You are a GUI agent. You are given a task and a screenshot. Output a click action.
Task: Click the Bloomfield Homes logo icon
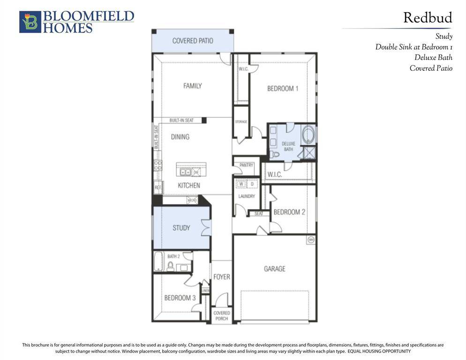point(30,22)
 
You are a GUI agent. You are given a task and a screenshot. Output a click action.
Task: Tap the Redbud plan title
point(428,18)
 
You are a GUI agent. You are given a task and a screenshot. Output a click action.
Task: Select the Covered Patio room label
point(192,41)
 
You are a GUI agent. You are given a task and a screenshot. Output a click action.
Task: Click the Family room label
point(192,86)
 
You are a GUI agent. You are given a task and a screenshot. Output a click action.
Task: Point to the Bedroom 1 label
point(283,88)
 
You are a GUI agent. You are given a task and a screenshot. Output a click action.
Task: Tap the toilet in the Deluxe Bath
point(276,154)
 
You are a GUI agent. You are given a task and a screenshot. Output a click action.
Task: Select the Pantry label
point(246,165)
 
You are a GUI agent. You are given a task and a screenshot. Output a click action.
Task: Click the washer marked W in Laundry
point(241,184)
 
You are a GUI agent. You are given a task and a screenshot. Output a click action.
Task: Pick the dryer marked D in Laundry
point(252,184)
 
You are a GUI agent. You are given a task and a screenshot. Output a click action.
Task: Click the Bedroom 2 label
point(289,212)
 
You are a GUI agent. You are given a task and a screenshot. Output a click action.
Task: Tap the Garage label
point(274,269)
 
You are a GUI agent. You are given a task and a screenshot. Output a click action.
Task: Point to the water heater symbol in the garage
point(310,240)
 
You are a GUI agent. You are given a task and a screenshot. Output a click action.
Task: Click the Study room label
point(181,228)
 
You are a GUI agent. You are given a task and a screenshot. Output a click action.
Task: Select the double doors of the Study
point(206,227)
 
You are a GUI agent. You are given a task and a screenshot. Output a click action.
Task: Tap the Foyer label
point(221,277)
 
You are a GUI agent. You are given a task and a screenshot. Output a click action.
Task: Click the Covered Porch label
point(221,315)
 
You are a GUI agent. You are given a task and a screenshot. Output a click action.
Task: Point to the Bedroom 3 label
point(180,298)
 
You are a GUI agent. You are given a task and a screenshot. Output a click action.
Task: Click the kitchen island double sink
point(185,172)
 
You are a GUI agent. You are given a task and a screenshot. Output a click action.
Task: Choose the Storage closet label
point(241,122)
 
